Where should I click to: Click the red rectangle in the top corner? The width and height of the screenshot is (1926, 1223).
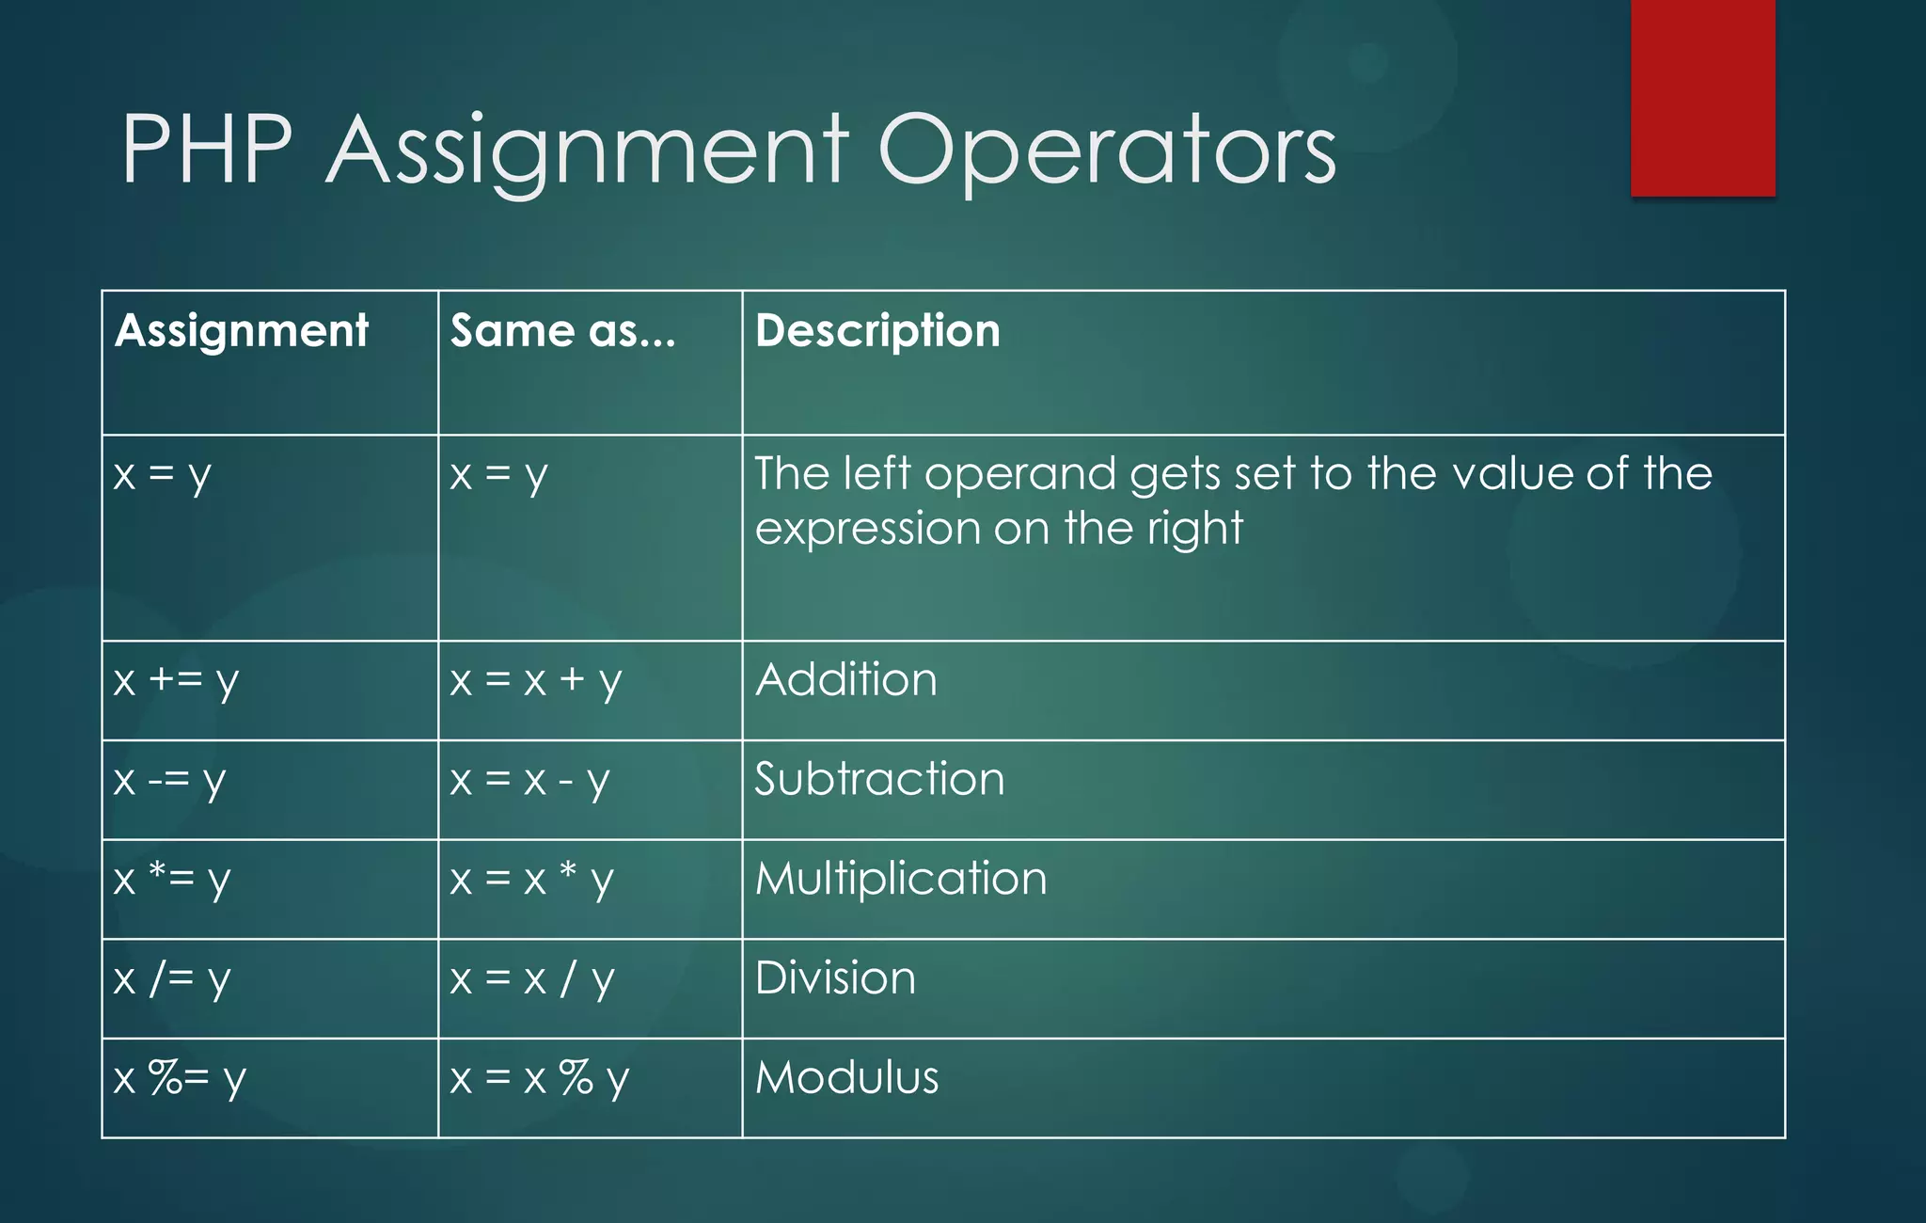(1702, 97)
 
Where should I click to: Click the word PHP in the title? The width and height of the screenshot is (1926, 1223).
(207, 151)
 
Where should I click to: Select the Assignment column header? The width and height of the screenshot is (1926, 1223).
(242, 331)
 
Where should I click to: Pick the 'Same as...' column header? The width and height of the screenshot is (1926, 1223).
(562, 331)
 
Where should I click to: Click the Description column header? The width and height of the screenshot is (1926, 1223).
(877, 331)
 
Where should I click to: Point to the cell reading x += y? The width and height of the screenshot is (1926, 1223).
(176, 680)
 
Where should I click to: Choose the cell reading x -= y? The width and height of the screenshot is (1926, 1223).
(169, 780)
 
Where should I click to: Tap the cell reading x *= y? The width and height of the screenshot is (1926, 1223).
(171, 880)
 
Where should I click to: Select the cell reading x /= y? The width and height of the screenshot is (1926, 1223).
(171, 979)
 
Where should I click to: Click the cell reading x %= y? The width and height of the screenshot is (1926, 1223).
(179, 1078)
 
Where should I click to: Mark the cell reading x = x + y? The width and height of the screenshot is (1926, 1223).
(535, 680)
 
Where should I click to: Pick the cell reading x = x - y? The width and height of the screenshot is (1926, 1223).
(529, 780)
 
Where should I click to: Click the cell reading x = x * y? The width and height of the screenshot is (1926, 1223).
(531, 880)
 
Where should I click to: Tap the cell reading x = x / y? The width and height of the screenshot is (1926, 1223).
(531, 979)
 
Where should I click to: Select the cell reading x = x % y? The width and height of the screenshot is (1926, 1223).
(539, 1078)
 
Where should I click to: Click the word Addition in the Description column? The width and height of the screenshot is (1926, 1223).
(846, 680)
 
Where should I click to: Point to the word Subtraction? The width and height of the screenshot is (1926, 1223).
(879, 780)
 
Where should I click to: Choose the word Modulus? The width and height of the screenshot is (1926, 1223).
(846, 1078)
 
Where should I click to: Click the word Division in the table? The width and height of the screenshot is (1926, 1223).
(835, 978)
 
